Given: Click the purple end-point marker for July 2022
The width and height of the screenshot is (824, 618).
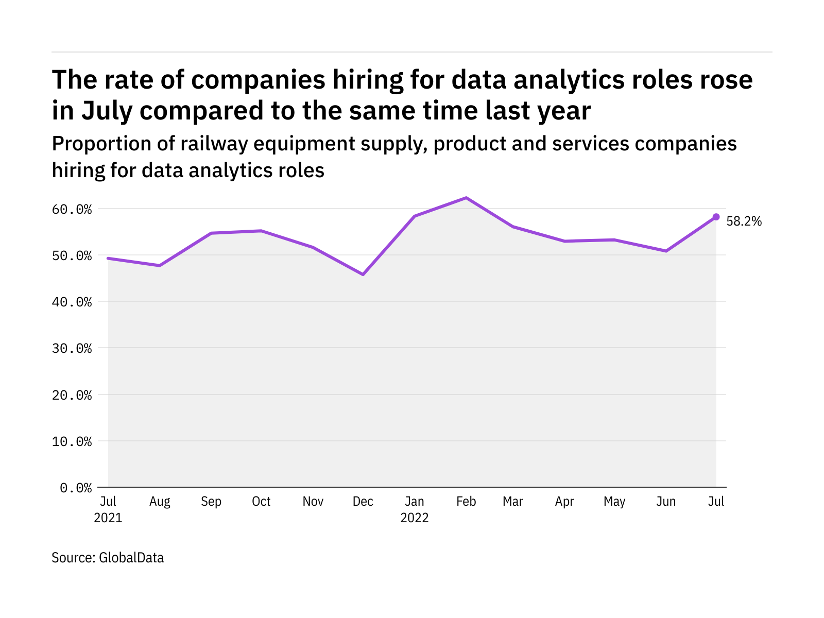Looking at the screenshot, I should click(716, 217).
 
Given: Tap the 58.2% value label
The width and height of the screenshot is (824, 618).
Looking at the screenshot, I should click(744, 221).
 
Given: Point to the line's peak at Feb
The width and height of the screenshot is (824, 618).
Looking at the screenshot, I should click(466, 198).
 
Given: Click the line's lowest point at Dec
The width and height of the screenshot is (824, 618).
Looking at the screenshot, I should click(363, 274).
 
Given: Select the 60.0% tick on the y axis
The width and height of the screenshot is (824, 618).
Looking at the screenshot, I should click(76, 209).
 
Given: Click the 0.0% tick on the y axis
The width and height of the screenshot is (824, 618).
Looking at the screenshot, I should click(76, 488).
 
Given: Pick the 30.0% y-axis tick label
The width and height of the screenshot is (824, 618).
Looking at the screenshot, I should click(76, 349).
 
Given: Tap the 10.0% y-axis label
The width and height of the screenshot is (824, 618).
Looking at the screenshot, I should click(76, 441).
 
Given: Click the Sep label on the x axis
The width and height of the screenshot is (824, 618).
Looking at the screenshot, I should click(211, 502).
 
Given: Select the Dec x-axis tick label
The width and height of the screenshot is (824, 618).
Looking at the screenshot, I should click(363, 502).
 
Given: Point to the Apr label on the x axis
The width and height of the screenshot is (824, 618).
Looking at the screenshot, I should click(564, 502).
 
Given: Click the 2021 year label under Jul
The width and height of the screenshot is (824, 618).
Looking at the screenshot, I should click(108, 518).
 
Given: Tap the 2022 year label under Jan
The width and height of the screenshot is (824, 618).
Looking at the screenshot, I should click(415, 518).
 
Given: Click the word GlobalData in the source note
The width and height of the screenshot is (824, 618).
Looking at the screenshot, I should click(131, 558).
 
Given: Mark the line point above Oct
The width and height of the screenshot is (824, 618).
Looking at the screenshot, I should click(262, 231).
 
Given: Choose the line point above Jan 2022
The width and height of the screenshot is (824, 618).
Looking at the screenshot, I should click(415, 216).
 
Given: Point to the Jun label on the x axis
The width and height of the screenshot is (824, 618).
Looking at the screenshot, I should click(666, 502).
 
